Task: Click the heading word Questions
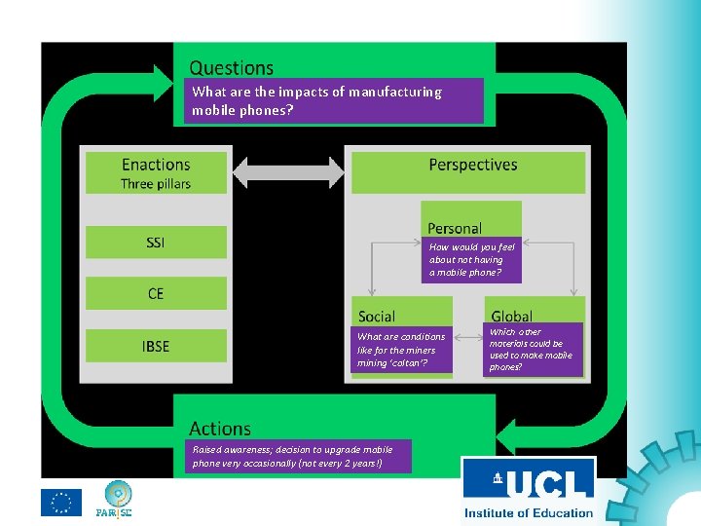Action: click(231, 68)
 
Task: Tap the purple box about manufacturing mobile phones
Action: click(334, 100)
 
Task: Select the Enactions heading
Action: click(156, 165)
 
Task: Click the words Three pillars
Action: click(156, 184)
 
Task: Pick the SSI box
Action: click(156, 242)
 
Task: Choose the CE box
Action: click(156, 293)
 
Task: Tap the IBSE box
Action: click(156, 346)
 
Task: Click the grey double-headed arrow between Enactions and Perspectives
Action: click(288, 172)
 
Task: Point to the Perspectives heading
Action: click(473, 165)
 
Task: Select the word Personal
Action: click(455, 229)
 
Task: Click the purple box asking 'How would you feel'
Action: click(471, 260)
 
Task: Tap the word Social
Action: click(377, 317)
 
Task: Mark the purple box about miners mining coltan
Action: click(401, 350)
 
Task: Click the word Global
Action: click(511, 317)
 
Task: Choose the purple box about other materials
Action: click(533, 350)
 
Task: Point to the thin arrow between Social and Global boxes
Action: click(468, 337)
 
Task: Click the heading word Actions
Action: click(220, 429)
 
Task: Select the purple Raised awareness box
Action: click(298, 456)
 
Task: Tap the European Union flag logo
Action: click(61, 503)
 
